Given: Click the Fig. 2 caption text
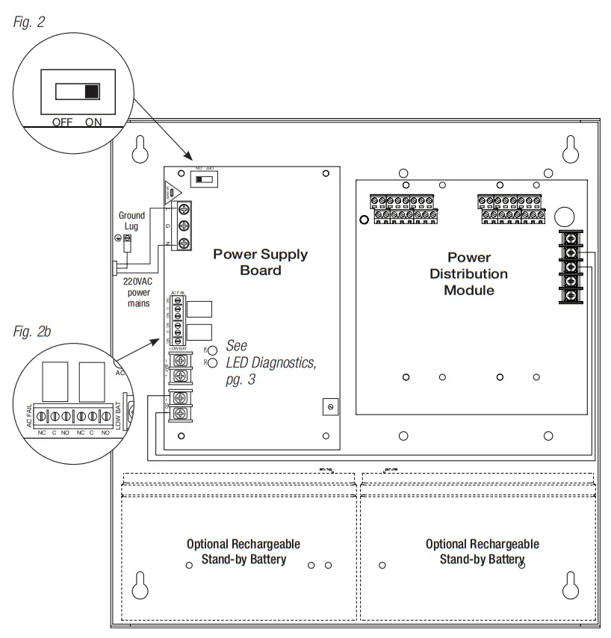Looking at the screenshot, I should click(x=29, y=22).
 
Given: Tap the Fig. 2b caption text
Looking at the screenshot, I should click(x=32, y=332).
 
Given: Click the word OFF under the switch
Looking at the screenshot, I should click(x=62, y=122).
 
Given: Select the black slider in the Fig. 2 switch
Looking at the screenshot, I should click(x=92, y=91).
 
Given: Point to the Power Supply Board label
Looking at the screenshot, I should click(x=260, y=261).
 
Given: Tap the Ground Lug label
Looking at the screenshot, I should click(x=132, y=220).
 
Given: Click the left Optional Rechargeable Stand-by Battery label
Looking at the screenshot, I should click(x=244, y=551).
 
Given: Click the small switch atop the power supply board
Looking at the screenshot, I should click(x=205, y=180).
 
